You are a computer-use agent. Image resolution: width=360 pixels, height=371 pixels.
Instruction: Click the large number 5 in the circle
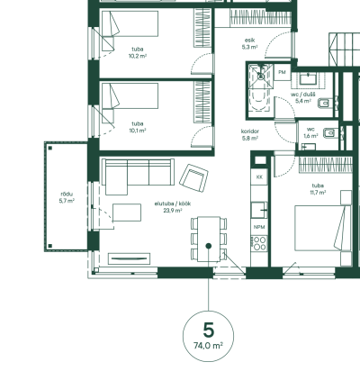[x=209, y=330]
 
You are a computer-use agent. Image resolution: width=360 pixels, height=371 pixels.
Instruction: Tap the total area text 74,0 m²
[x=208, y=346]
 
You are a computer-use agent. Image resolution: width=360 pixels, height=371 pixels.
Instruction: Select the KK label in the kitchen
[x=259, y=177]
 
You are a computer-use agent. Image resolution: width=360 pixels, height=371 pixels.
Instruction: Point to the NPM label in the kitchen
[x=259, y=227]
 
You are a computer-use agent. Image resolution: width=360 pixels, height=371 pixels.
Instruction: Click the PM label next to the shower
[x=282, y=72]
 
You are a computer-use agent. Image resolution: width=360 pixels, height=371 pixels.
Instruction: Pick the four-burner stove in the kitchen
[x=259, y=243]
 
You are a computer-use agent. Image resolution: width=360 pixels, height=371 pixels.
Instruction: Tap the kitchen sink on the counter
[x=259, y=210]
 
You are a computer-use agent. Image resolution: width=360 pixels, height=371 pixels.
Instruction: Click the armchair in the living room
[x=193, y=178]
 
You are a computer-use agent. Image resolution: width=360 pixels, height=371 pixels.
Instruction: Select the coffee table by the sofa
[x=127, y=213]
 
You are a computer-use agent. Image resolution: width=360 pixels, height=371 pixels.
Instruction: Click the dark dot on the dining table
[x=209, y=246]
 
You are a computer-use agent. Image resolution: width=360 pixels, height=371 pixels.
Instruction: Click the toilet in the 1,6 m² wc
[x=330, y=132]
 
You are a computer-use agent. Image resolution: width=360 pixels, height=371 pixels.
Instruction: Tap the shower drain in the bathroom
[x=261, y=77]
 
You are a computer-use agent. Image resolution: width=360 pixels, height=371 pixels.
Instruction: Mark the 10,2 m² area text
[x=138, y=56]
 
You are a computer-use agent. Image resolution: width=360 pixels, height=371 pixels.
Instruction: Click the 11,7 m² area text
[x=318, y=193]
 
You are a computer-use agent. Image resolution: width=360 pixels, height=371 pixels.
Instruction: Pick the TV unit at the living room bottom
[x=129, y=258]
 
